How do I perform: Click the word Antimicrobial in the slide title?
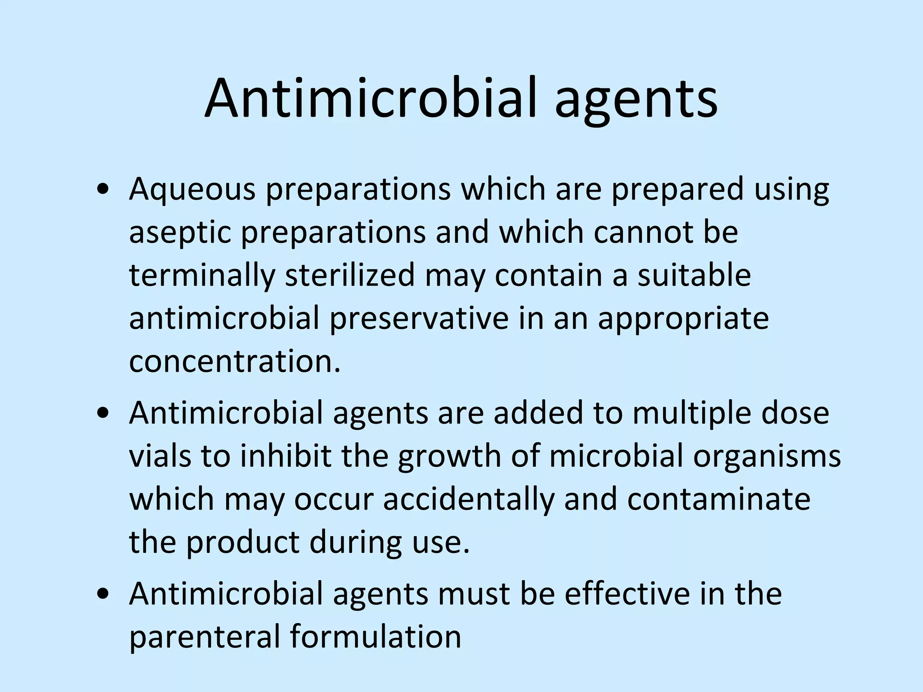click(x=370, y=99)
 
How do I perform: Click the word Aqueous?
click(x=192, y=190)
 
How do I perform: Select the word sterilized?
click(x=350, y=275)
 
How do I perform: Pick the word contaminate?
click(x=718, y=499)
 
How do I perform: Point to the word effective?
click(x=627, y=594)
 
